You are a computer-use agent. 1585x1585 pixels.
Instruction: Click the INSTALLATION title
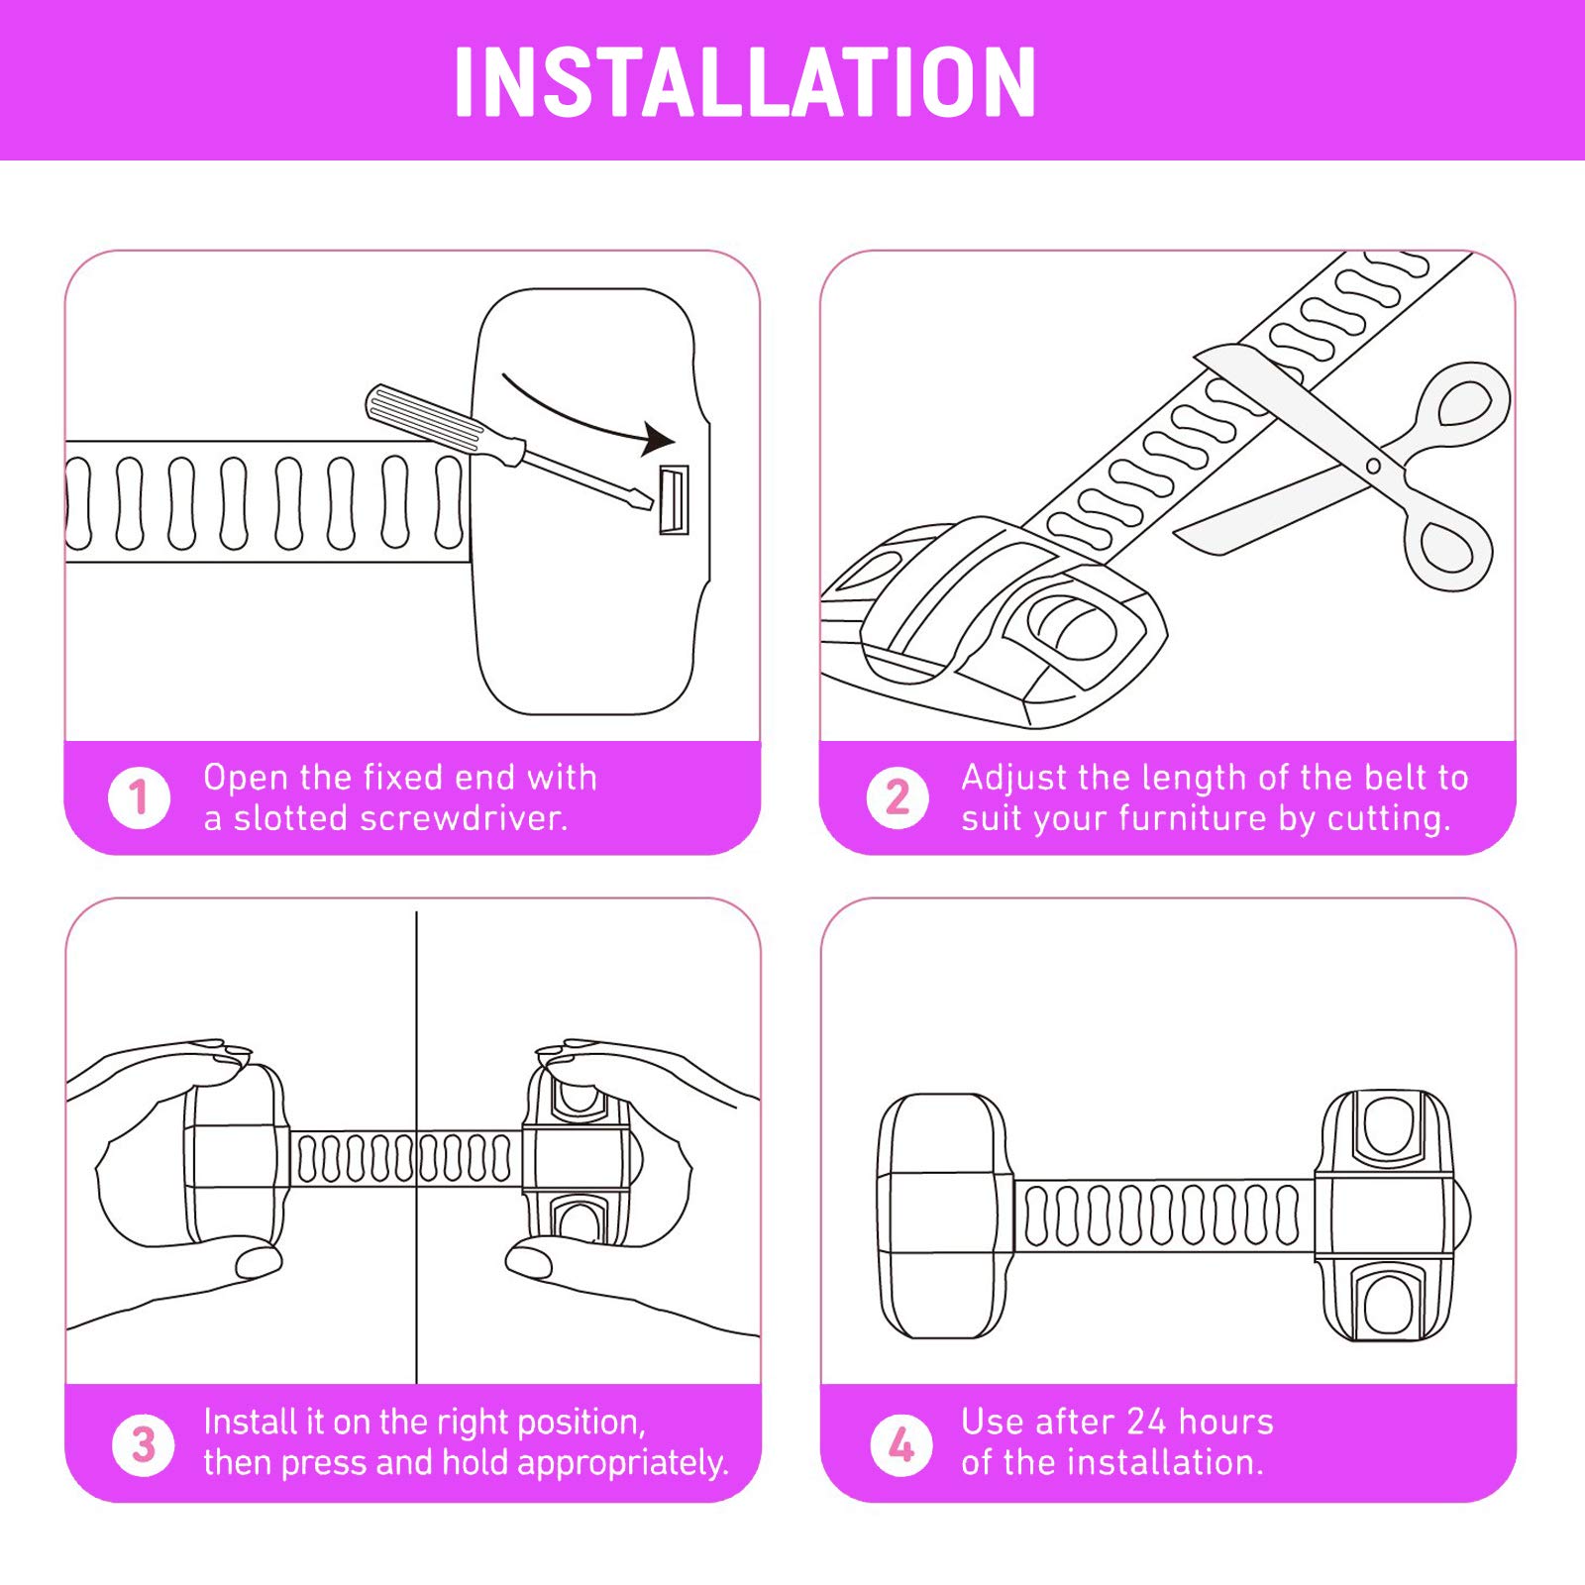pos(745,82)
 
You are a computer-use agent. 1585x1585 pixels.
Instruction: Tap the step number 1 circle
pos(140,797)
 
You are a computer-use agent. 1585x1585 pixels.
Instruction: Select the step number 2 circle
pos(898,797)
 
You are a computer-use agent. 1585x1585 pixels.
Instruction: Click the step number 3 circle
pos(144,1444)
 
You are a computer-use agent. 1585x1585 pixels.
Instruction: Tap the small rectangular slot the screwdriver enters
pos(674,499)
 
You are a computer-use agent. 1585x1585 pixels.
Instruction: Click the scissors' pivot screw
pos(1373,466)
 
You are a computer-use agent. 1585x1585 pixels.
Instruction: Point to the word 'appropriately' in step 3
pos(622,1464)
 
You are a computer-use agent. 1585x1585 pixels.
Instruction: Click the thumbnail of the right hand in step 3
pos(529,1261)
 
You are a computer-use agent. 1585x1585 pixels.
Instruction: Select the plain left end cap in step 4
pos(946,1215)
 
